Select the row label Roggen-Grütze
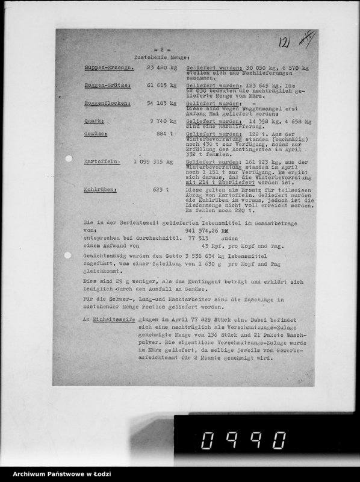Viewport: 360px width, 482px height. (x=107, y=86)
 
